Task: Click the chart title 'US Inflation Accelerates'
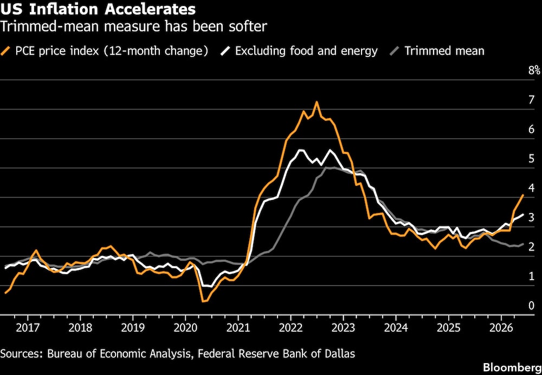98,9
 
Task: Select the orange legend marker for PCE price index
6,51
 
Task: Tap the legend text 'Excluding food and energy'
306,51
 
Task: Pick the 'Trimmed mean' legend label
444,51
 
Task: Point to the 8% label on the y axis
534,70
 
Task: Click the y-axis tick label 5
532,159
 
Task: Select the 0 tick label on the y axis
532,306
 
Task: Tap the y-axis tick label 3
532,217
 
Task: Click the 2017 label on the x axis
28,327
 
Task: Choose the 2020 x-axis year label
185,327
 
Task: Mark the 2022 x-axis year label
291,327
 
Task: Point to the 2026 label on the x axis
501,327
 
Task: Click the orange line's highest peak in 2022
317,102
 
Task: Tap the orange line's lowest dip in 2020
203,301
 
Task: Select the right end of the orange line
524,195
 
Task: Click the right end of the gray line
524,244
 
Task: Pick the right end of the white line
524,215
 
